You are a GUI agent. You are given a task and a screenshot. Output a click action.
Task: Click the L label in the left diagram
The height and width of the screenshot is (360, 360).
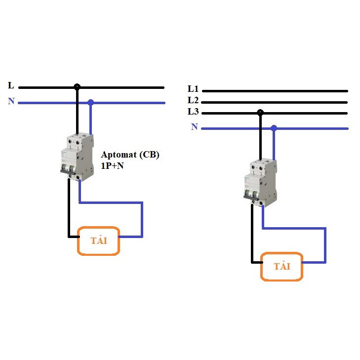tap(11, 85)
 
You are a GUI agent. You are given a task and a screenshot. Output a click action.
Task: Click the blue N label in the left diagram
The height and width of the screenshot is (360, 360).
tap(11, 101)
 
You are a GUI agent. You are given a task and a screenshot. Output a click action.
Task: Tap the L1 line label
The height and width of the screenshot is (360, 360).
tap(193, 89)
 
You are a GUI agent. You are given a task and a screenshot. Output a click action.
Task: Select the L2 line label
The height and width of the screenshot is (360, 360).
tap(193, 100)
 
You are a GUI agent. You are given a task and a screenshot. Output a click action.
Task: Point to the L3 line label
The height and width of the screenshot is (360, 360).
tap(193, 112)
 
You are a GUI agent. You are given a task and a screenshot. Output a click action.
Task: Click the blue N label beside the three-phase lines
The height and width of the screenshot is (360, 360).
tap(195, 127)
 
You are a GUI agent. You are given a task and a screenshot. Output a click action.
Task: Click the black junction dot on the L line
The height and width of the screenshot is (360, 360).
tap(77, 87)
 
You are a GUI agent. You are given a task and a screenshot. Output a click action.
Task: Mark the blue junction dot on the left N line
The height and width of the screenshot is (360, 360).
tap(90, 103)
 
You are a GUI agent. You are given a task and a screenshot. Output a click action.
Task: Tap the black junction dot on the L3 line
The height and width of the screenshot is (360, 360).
tap(260, 113)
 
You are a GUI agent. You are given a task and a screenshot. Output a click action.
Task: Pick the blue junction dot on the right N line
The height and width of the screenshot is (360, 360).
tap(274, 128)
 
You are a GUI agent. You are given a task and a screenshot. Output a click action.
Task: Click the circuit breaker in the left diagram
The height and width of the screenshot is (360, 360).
tap(77, 157)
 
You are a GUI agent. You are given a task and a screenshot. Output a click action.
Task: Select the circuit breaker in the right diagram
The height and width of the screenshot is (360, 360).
tap(260, 181)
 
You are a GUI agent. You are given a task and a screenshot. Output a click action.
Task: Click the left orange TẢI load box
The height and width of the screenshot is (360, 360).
tap(99, 241)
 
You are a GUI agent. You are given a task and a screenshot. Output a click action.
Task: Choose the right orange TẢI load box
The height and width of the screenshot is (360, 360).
tap(281, 267)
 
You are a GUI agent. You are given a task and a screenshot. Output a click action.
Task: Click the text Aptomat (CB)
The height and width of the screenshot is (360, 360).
tap(130, 155)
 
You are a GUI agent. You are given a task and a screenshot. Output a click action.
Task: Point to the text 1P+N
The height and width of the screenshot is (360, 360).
tap(115, 166)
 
